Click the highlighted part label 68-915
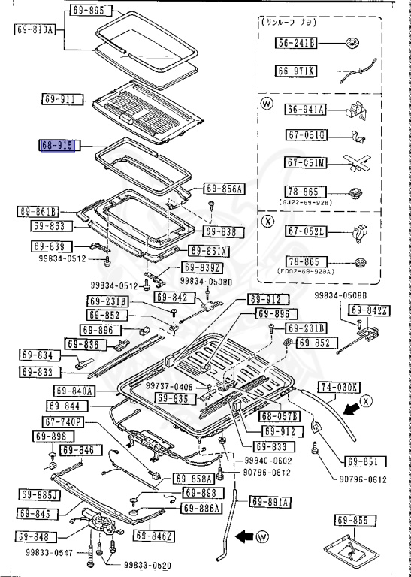pyautogui.click(x=59, y=146)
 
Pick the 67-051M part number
pyautogui.click(x=305, y=162)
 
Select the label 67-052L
pyautogui.click(x=305, y=232)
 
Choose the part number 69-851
pyautogui.click(x=367, y=461)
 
